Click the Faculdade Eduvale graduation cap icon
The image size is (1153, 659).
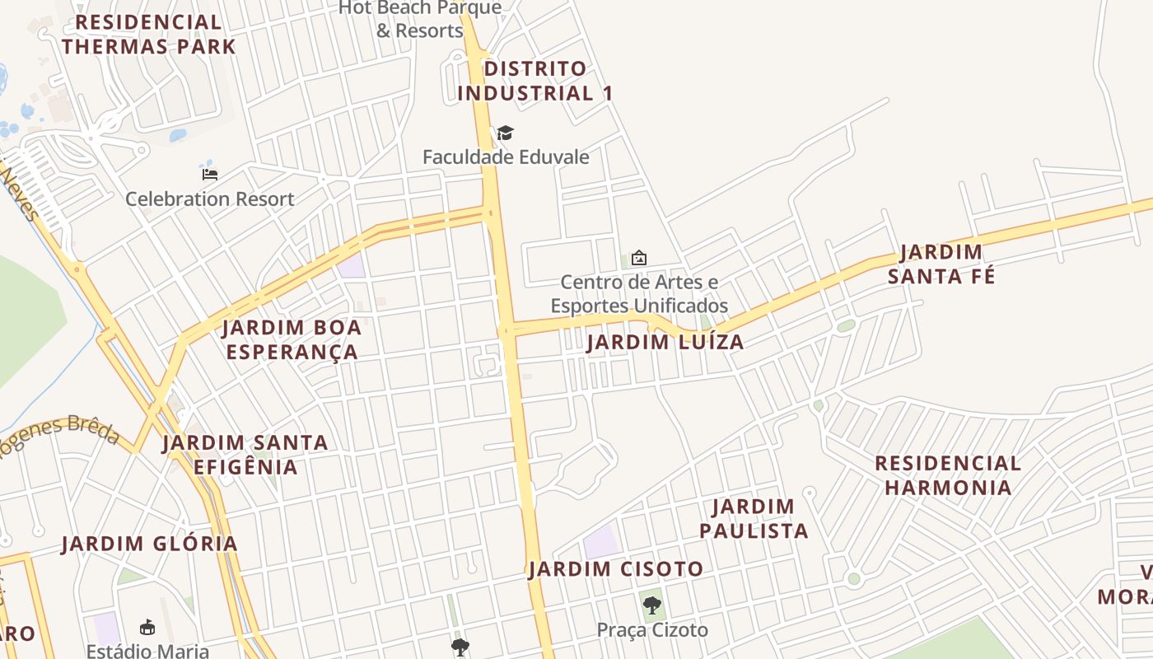coord(505,133)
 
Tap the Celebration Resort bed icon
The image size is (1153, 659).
coord(209,174)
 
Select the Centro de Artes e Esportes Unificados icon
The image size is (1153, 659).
coord(638,258)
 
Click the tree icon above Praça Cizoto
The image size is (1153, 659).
coord(651,606)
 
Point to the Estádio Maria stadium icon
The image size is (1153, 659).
coord(147,628)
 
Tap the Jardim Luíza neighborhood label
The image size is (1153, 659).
coord(665,342)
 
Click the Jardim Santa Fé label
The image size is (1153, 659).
coord(941,264)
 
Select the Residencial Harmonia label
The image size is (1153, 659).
coord(947,475)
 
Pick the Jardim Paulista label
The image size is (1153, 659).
coord(754,518)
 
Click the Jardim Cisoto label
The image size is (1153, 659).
coord(616,568)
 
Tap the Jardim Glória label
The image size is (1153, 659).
coord(149,544)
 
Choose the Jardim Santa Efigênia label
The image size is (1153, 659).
coord(245,455)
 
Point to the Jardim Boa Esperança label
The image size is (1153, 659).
coord(292,339)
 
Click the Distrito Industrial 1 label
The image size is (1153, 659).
coord(534,81)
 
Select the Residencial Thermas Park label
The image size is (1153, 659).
coord(148,34)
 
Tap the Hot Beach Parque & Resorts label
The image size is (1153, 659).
coord(420,19)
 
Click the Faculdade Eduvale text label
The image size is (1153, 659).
coord(506,157)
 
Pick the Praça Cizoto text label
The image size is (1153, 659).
coord(652,630)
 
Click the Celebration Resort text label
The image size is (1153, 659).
coord(209,199)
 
